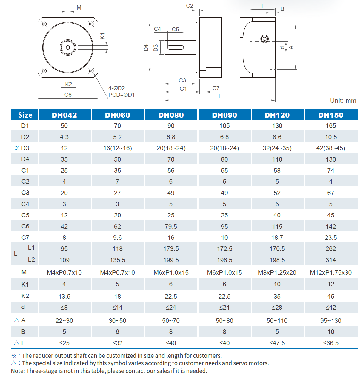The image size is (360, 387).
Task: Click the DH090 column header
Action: click(224, 115)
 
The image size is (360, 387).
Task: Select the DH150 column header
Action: click(331, 115)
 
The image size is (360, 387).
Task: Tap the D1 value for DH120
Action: click(277, 126)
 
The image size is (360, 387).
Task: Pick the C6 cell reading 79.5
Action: click(171, 227)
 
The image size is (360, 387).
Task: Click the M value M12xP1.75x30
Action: click(331, 273)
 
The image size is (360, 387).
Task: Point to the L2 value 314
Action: click(331, 260)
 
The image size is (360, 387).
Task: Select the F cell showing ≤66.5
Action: click(331, 343)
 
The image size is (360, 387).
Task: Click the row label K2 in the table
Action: click(25, 296)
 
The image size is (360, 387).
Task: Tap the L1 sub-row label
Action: click(31, 248)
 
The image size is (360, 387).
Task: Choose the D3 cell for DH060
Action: click(117, 148)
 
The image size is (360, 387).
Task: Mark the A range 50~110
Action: click(277, 321)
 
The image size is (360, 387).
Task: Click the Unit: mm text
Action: click(343, 101)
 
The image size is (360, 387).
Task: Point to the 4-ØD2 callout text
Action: click(116, 88)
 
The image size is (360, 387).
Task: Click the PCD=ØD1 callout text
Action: click(121, 95)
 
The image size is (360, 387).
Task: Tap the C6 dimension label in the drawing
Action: click(68, 95)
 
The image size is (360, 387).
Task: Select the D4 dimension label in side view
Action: click(146, 48)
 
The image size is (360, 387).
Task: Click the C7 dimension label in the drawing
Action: click(216, 88)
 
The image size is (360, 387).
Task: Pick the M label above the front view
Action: click(79, 7)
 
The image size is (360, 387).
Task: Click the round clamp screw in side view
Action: click(264, 39)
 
